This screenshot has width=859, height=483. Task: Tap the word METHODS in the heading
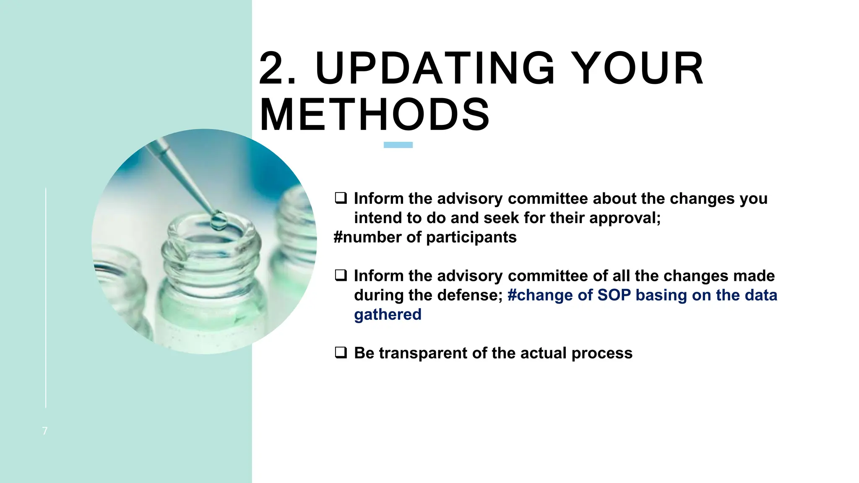click(x=375, y=115)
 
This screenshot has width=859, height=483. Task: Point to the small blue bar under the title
click(x=398, y=145)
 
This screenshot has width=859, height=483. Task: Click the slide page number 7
click(x=45, y=431)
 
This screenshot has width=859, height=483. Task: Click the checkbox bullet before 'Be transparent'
click(x=341, y=352)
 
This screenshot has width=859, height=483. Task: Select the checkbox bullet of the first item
click(x=341, y=198)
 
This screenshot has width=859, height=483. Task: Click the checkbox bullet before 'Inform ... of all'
click(x=341, y=275)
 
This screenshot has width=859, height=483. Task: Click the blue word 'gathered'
click(x=388, y=314)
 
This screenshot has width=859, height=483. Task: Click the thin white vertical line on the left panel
click(x=46, y=298)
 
